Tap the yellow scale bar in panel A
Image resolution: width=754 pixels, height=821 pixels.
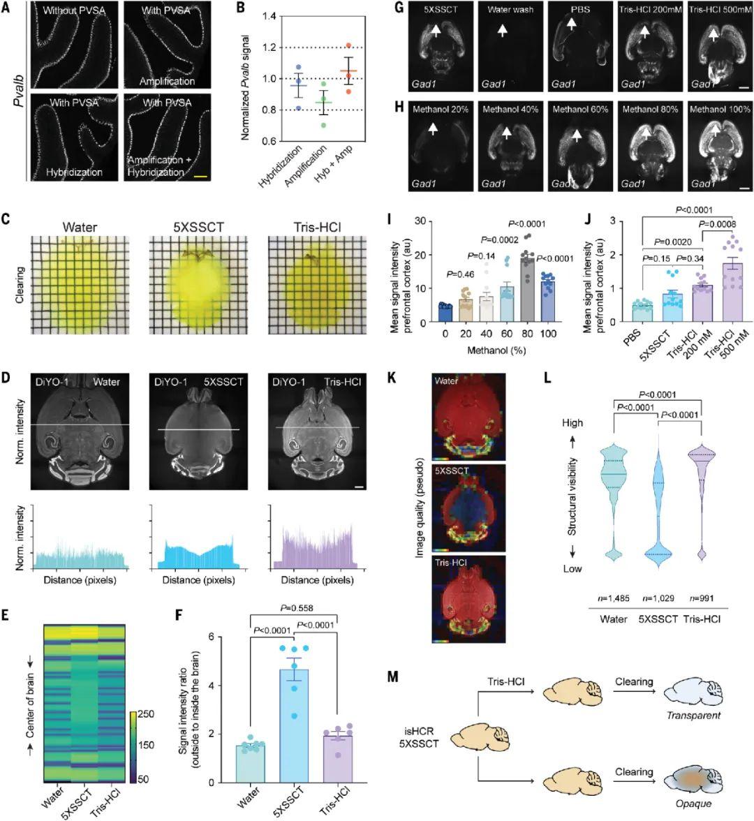click(201, 177)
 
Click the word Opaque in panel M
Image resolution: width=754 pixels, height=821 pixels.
click(695, 804)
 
